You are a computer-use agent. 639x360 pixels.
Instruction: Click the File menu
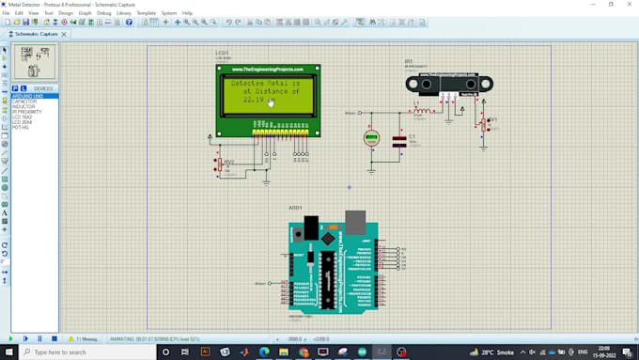click(6, 13)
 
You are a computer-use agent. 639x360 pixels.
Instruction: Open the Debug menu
click(103, 13)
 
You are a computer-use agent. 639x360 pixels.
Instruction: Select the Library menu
click(124, 13)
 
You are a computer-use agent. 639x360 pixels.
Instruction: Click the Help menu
click(187, 13)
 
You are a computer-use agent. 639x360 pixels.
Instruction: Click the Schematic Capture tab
click(36, 34)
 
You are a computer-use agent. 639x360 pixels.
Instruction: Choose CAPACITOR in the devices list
click(24, 102)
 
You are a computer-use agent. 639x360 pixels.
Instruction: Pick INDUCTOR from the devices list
click(23, 106)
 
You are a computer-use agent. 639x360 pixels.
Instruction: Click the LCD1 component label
click(222, 54)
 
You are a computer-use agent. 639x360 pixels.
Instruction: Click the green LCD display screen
click(268, 93)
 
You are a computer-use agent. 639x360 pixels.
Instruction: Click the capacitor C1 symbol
click(399, 140)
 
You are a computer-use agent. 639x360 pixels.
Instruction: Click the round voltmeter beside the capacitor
click(371, 139)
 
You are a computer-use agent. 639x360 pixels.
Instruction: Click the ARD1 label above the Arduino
click(295, 208)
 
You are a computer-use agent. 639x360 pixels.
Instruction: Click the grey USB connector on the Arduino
click(356, 222)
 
